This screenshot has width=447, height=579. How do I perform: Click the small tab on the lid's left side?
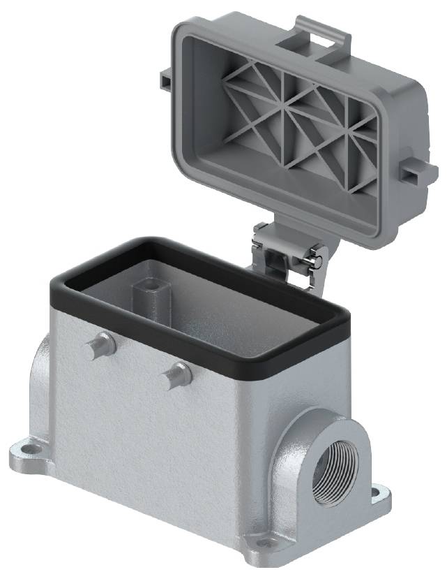tap(166, 80)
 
